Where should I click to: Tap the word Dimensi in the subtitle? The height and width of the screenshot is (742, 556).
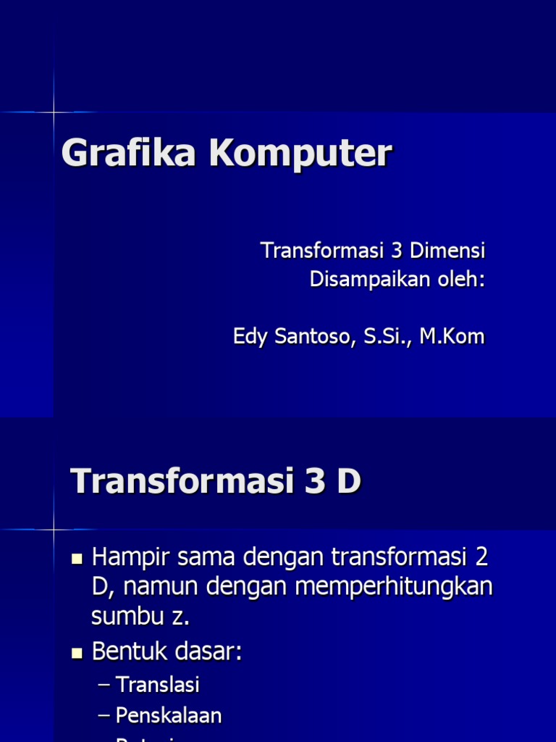pos(447,251)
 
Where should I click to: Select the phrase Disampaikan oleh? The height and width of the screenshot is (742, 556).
pos(397,279)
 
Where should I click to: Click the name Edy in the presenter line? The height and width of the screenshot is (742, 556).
pos(250,336)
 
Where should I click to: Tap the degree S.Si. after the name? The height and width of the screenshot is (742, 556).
pos(382,336)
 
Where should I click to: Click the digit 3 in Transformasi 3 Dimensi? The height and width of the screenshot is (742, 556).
pos(395,251)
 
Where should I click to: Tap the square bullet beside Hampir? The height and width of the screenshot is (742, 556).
pos(78,559)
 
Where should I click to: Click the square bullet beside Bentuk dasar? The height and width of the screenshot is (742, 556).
pos(78,653)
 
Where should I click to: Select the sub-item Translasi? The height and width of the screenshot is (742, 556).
pos(158,685)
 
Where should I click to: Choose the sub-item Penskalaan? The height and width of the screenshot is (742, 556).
pos(169,716)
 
